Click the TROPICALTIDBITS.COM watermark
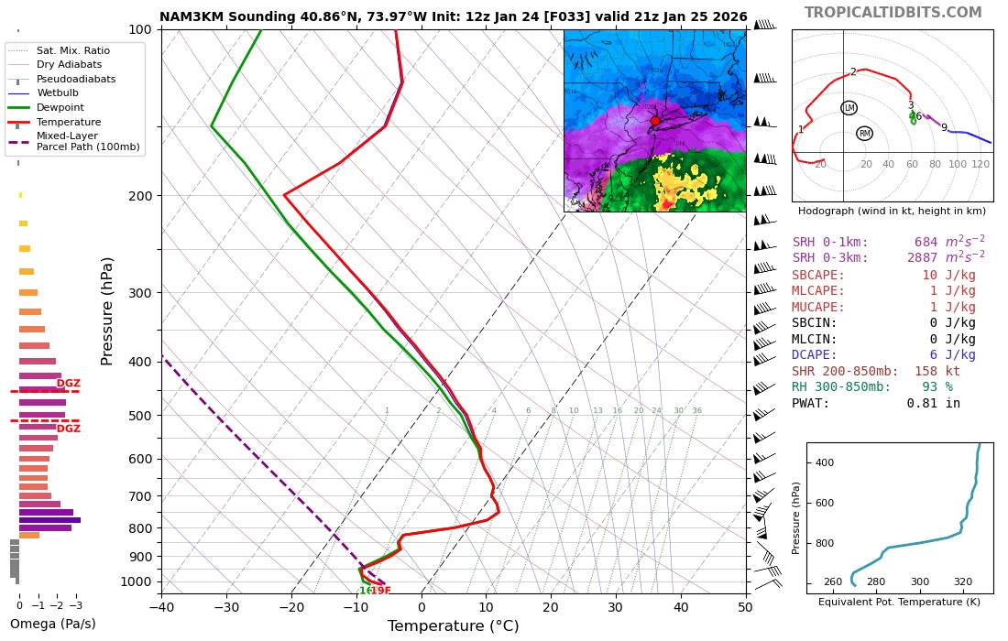pos(893,13)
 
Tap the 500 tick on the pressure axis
pos(139,416)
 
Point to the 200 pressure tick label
pos(139,196)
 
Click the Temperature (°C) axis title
pos(453,626)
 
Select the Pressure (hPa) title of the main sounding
pos(108,310)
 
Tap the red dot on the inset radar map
pos(654,121)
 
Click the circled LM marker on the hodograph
pos(849,108)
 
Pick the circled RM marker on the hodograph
pos(864,134)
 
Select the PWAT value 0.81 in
pos(933,403)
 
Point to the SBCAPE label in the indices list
pos(818,276)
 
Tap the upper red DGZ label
pos(69,384)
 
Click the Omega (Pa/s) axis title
pos(52,625)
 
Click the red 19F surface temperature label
pos(380,592)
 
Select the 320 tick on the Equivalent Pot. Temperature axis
pos(963,581)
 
